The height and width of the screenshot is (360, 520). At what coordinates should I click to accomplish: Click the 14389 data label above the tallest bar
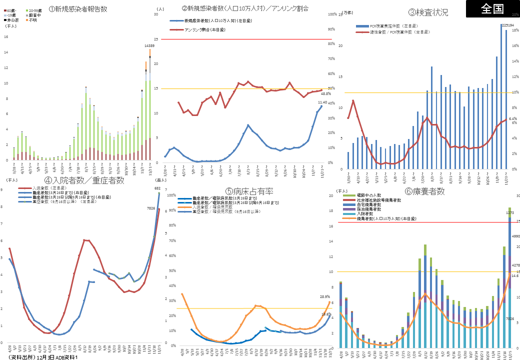click(x=149, y=45)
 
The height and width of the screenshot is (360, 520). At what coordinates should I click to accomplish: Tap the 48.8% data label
click(x=325, y=94)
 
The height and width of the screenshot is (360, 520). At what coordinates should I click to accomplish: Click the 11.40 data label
click(x=322, y=102)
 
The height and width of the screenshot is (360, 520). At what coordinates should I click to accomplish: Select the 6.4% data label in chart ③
click(x=512, y=118)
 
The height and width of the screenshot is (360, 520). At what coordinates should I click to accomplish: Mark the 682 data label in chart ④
click(x=157, y=188)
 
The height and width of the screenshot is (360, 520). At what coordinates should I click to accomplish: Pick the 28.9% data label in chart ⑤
click(x=325, y=296)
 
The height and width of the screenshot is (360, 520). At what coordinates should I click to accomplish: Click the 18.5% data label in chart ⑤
click(x=325, y=314)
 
